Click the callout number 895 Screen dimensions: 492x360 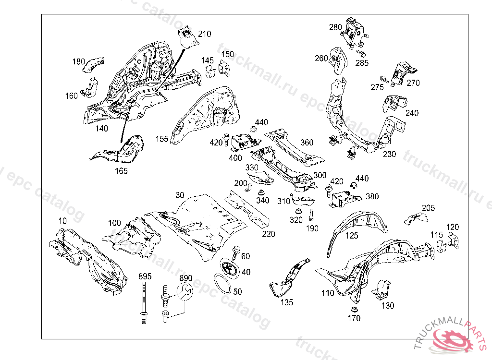[145, 276]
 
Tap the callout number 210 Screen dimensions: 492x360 [204, 34]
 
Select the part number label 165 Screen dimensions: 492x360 [121, 171]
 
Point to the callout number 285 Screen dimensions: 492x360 [362, 63]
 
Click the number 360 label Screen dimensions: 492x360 [307, 142]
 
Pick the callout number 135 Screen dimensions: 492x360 [286, 302]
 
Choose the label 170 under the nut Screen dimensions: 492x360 [354, 318]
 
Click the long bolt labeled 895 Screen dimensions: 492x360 [144, 300]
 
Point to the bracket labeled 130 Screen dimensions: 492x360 [382, 289]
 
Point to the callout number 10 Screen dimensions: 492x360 [62, 221]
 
